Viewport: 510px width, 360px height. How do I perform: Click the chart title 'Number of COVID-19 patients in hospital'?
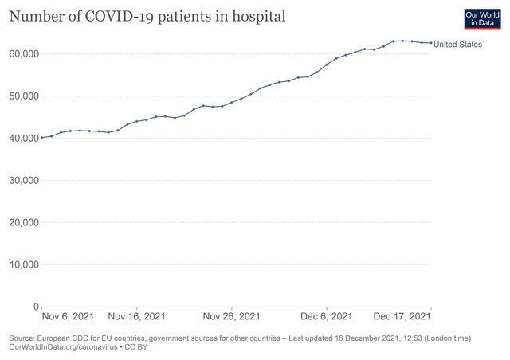[x=147, y=16]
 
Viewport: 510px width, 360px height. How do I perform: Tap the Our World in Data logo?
[x=483, y=19]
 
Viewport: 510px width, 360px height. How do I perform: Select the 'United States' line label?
[x=458, y=45]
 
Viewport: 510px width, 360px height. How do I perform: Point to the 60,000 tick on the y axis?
[x=24, y=54]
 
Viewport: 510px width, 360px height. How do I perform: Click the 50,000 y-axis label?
[x=24, y=96]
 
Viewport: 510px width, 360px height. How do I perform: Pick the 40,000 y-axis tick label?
[x=24, y=139]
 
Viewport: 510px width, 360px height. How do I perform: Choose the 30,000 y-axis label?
[x=24, y=181]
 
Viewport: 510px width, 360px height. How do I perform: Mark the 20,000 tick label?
[x=24, y=223]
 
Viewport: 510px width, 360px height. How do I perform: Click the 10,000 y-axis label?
[x=24, y=265]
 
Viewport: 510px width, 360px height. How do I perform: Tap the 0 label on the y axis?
[x=37, y=307]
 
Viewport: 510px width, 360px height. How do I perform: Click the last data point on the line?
[x=431, y=43]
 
